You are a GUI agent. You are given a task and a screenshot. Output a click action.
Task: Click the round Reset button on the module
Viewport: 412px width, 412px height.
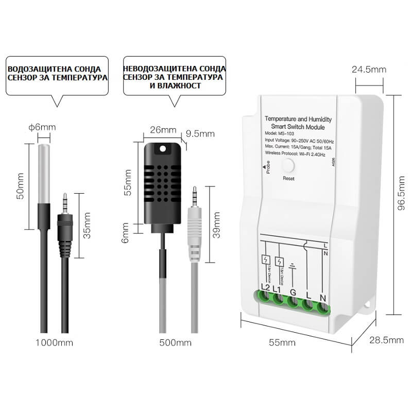coord(287,166)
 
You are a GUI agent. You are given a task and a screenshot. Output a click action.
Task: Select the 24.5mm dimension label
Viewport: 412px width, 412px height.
coord(368,70)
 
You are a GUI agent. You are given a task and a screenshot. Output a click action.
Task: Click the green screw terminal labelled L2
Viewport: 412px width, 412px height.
coord(266,297)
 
